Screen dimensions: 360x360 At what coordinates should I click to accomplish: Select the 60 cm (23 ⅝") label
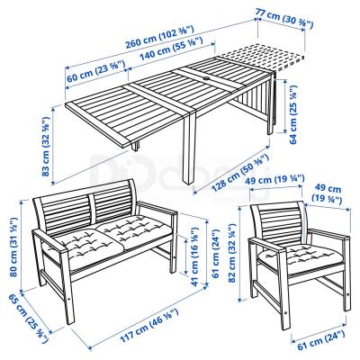click(95, 71)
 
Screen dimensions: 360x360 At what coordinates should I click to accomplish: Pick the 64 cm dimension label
click(293, 114)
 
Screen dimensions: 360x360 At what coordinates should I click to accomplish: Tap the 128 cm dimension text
click(239, 173)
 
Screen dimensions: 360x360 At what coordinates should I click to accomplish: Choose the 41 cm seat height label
click(194, 256)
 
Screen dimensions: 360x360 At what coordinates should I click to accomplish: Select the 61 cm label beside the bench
click(216, 254)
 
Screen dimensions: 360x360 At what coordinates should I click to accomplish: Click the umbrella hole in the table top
click(207, 79)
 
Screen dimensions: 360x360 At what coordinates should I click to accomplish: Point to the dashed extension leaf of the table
click(262, 57)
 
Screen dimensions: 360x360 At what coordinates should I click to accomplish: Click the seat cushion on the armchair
click(300, 256)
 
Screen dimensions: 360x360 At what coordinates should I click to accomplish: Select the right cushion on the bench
click(134, 230)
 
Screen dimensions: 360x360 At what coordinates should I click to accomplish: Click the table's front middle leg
click(189, 147)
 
